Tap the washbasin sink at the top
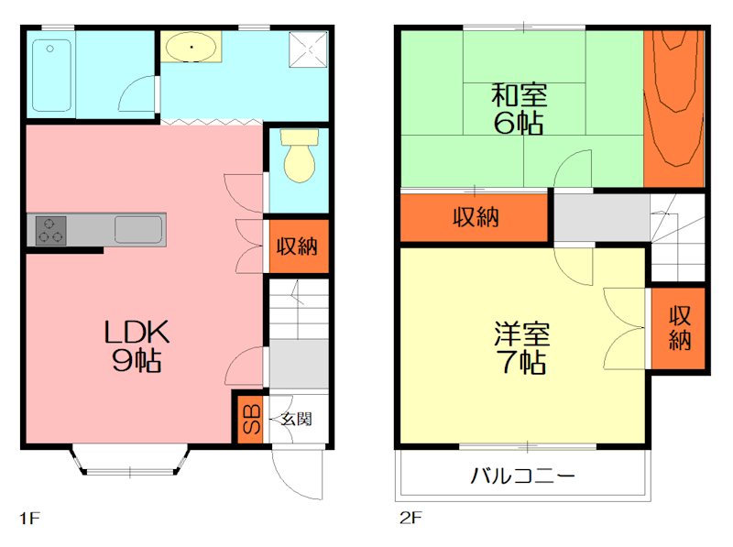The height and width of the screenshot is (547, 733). coord(190,46)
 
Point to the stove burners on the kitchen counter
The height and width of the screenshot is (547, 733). coord(50,230)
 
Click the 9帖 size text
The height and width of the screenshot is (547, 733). coord(137,360)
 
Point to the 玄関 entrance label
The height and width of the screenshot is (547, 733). coord(296,419)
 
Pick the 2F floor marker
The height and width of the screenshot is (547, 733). coord(410,518)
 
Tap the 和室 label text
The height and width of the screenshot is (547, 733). coord(520,93)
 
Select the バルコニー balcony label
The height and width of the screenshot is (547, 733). coord(523,476)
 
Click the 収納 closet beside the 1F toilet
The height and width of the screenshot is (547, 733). coord(298,246)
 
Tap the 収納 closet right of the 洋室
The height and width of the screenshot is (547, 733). coord(679,328)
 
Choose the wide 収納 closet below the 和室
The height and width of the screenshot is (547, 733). coord(476,217)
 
